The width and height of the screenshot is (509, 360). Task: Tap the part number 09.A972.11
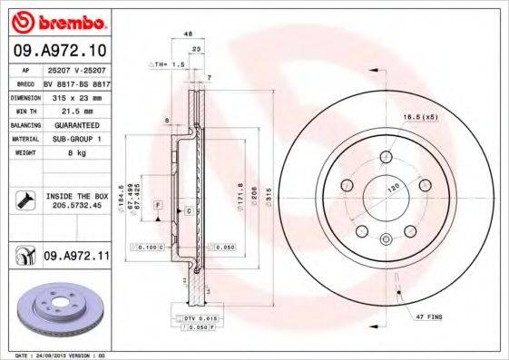tap(75, 257)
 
